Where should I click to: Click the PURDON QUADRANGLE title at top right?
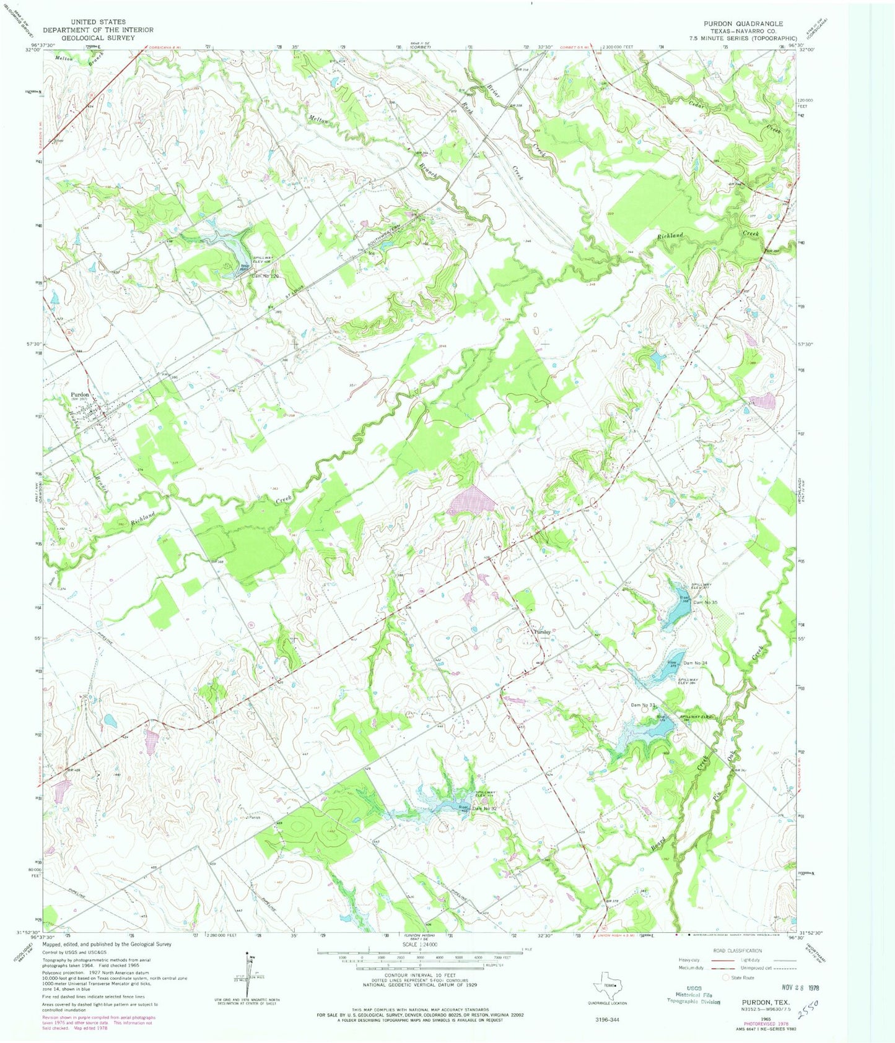pyautogui.click(x=743, y=23)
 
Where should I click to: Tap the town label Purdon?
pyautogui.click(x=80, y=394)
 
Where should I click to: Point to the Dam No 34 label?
pyautogui.click(x=695, y=663)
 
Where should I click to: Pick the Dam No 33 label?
pyautogui.click(x=642, y=705)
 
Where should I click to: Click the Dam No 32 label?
pyautogui.click(x=485, y=808)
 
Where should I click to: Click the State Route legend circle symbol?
pyautogui.click(x=726, y=977)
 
